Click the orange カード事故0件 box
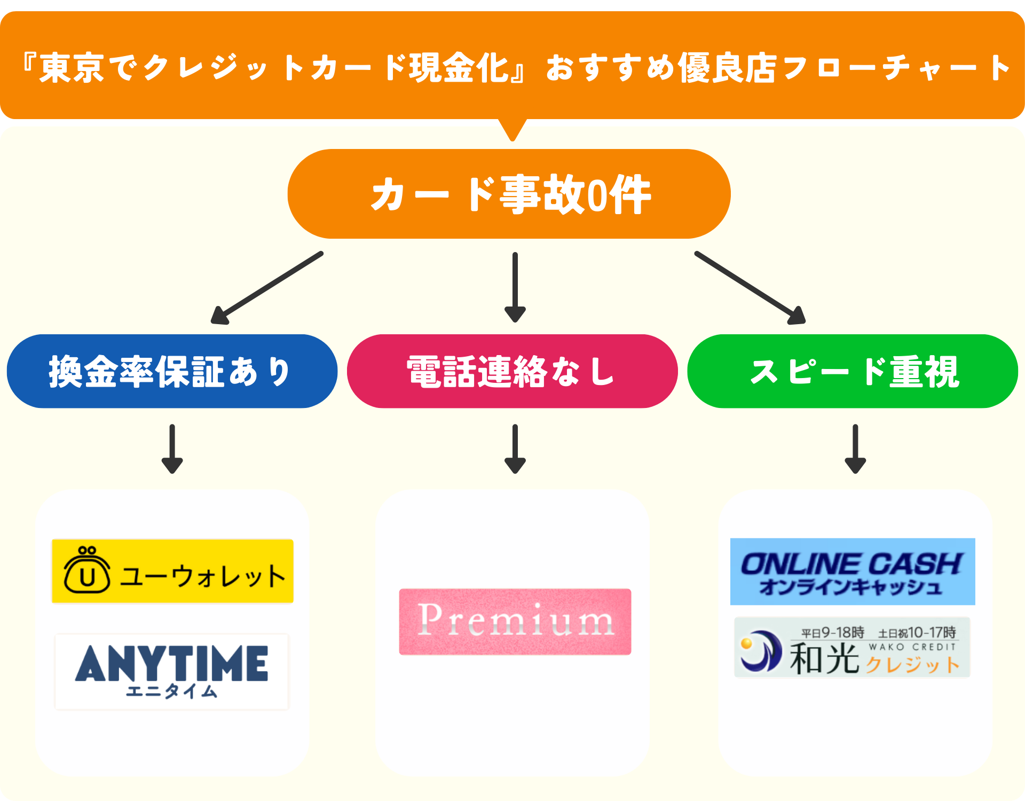(509, 194)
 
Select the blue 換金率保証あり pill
(172, 372)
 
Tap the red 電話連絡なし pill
(512, 372)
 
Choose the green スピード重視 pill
(853, 372)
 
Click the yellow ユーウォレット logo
(172, 571)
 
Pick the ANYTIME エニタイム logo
(171, 671)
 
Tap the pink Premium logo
(515, 622)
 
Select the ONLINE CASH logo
(853, 572)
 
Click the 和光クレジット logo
(852, 648)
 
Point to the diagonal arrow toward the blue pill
(267, 288)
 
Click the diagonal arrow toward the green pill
(750, 288)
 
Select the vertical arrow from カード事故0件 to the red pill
(515, 287)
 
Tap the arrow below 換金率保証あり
(172, 449)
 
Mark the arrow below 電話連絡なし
(515, 449)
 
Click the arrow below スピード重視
(855, 449)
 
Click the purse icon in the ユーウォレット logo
(87, 570)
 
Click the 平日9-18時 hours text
(832, 633)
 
